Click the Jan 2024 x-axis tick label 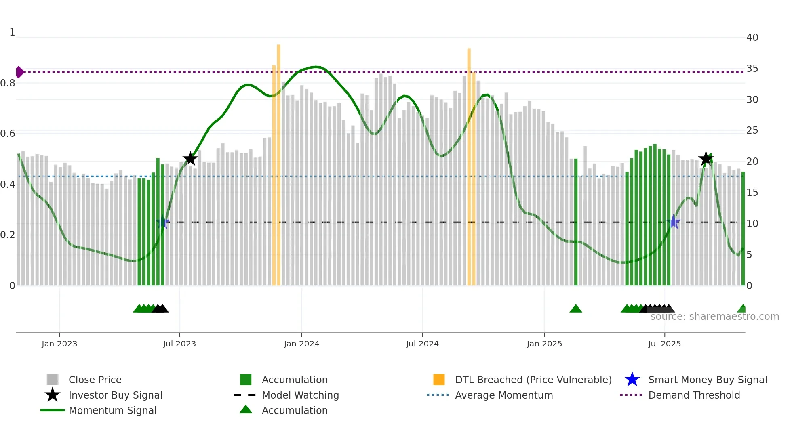301,344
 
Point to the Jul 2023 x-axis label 179,344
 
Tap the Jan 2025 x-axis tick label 544,344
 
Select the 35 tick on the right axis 752,69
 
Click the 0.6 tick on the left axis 8,134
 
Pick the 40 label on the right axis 752,38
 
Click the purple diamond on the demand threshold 19,72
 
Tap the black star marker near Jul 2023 190,159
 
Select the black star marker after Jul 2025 706,159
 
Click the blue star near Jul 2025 674,222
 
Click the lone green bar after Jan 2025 576,222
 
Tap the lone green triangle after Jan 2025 575,309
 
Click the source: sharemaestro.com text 714,317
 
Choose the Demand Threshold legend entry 694,395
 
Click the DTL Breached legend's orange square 439,380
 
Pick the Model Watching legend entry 300,395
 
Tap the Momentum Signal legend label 112,410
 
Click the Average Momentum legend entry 503,395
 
